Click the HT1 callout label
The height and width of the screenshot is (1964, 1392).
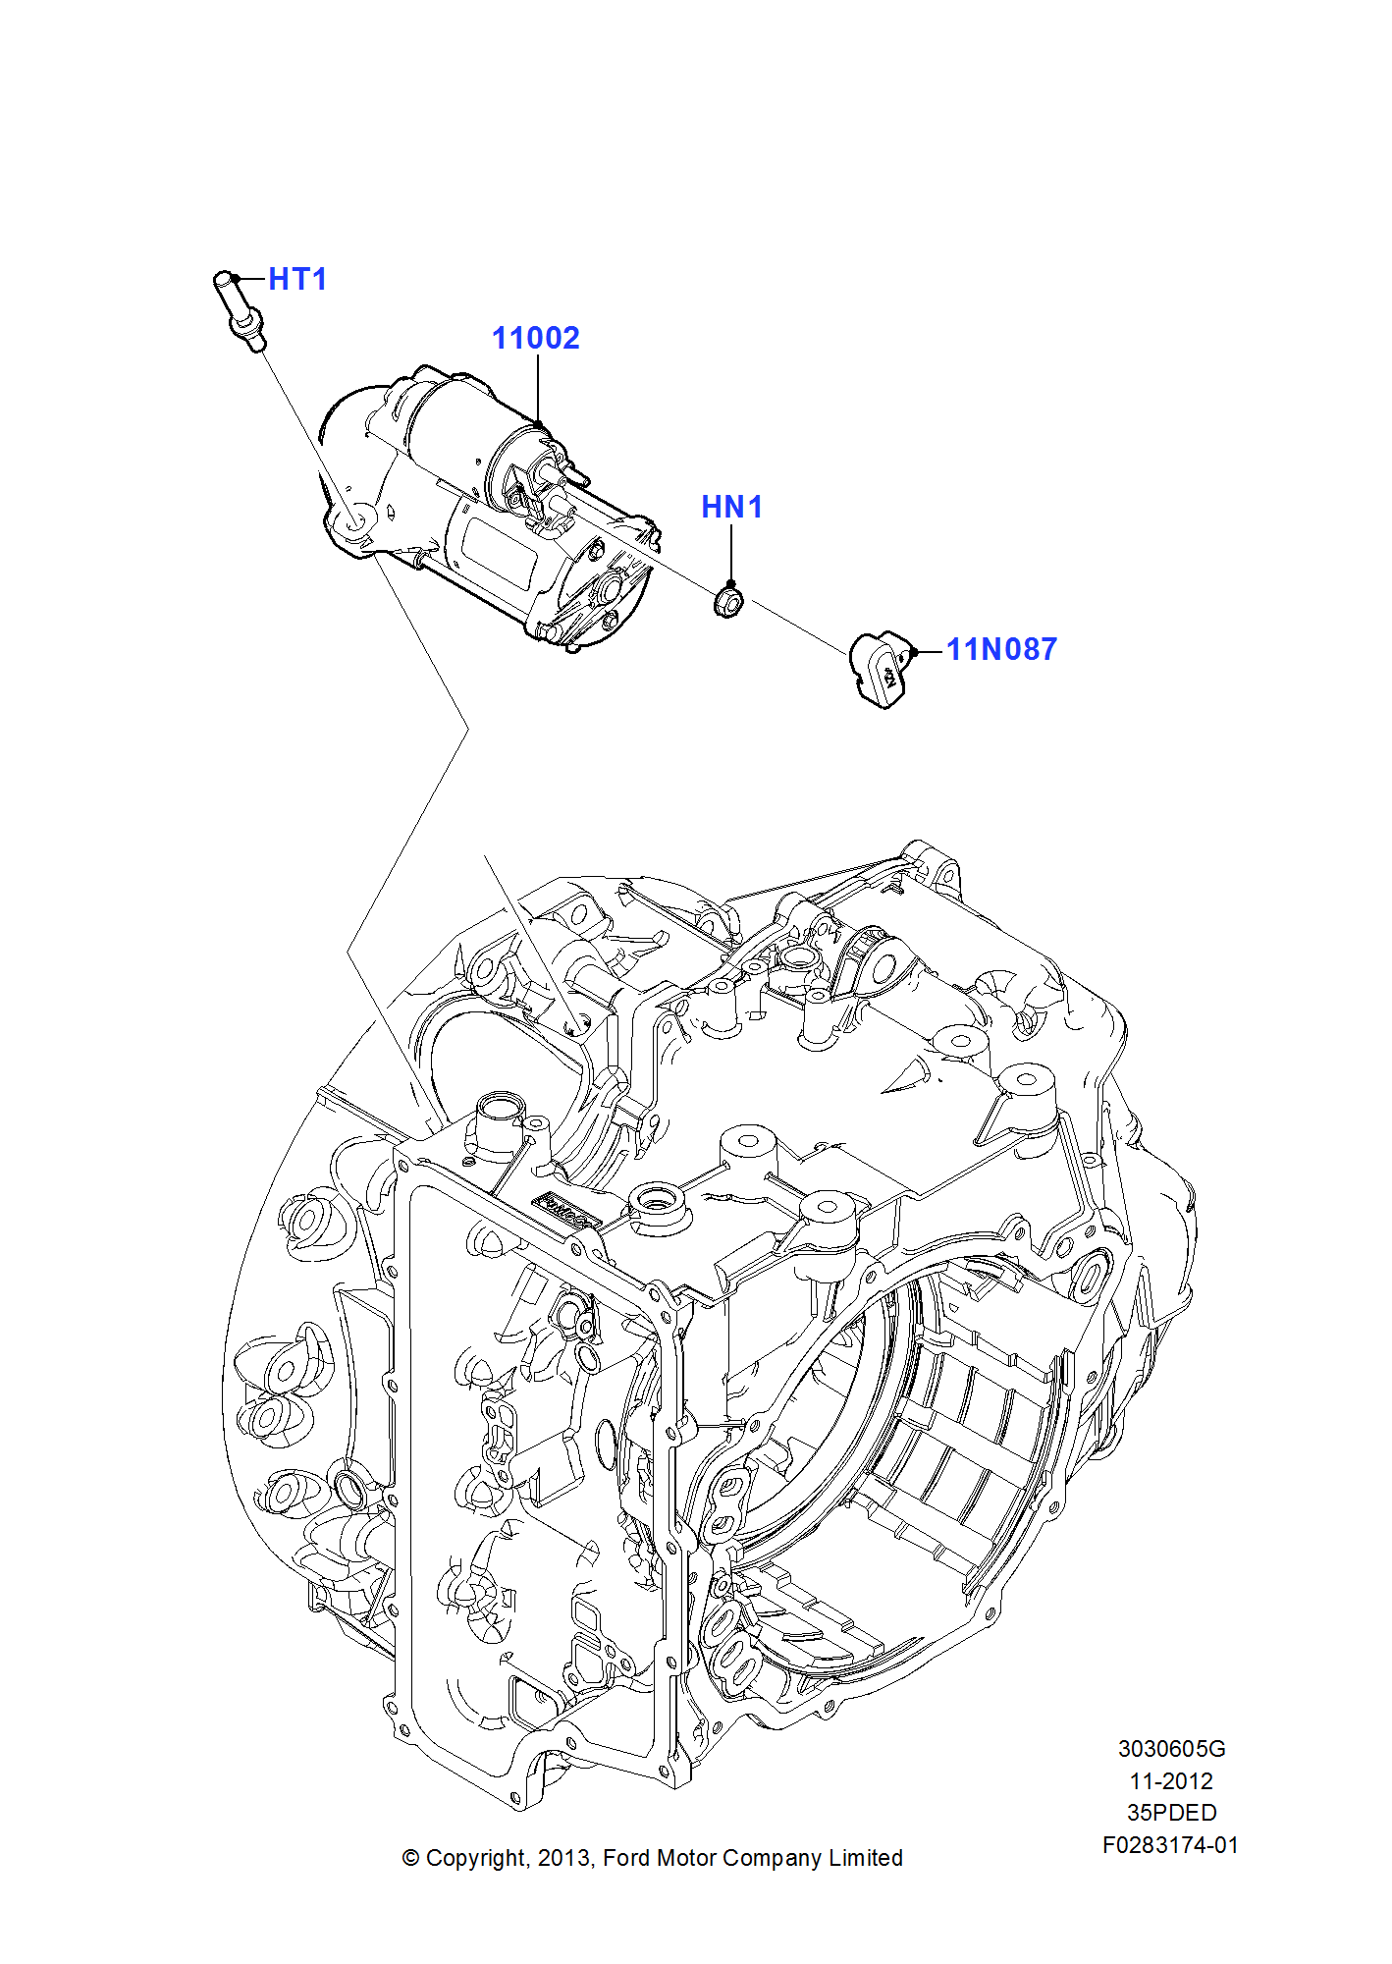pos(297,280)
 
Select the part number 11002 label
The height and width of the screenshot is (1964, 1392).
pos(535,339)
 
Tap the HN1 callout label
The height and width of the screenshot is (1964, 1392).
pos(731,508)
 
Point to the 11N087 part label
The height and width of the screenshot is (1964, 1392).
pos(1001,650)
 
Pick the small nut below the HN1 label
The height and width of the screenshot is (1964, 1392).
pos(727,600)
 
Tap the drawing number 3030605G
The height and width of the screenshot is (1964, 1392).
pos(1171,1749)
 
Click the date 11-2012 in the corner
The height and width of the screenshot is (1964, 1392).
pos(1171,1781)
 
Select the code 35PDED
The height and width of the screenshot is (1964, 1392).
pos(1171,1813)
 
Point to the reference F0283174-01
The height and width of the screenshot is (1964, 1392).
pos(1170,1845)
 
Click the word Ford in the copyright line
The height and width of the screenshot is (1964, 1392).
pos(625,1858)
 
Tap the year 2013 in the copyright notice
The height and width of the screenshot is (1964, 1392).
pos(563,1858)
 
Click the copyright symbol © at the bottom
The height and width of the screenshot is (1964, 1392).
pos(411,1858)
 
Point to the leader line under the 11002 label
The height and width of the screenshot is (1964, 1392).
pos(538,389)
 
